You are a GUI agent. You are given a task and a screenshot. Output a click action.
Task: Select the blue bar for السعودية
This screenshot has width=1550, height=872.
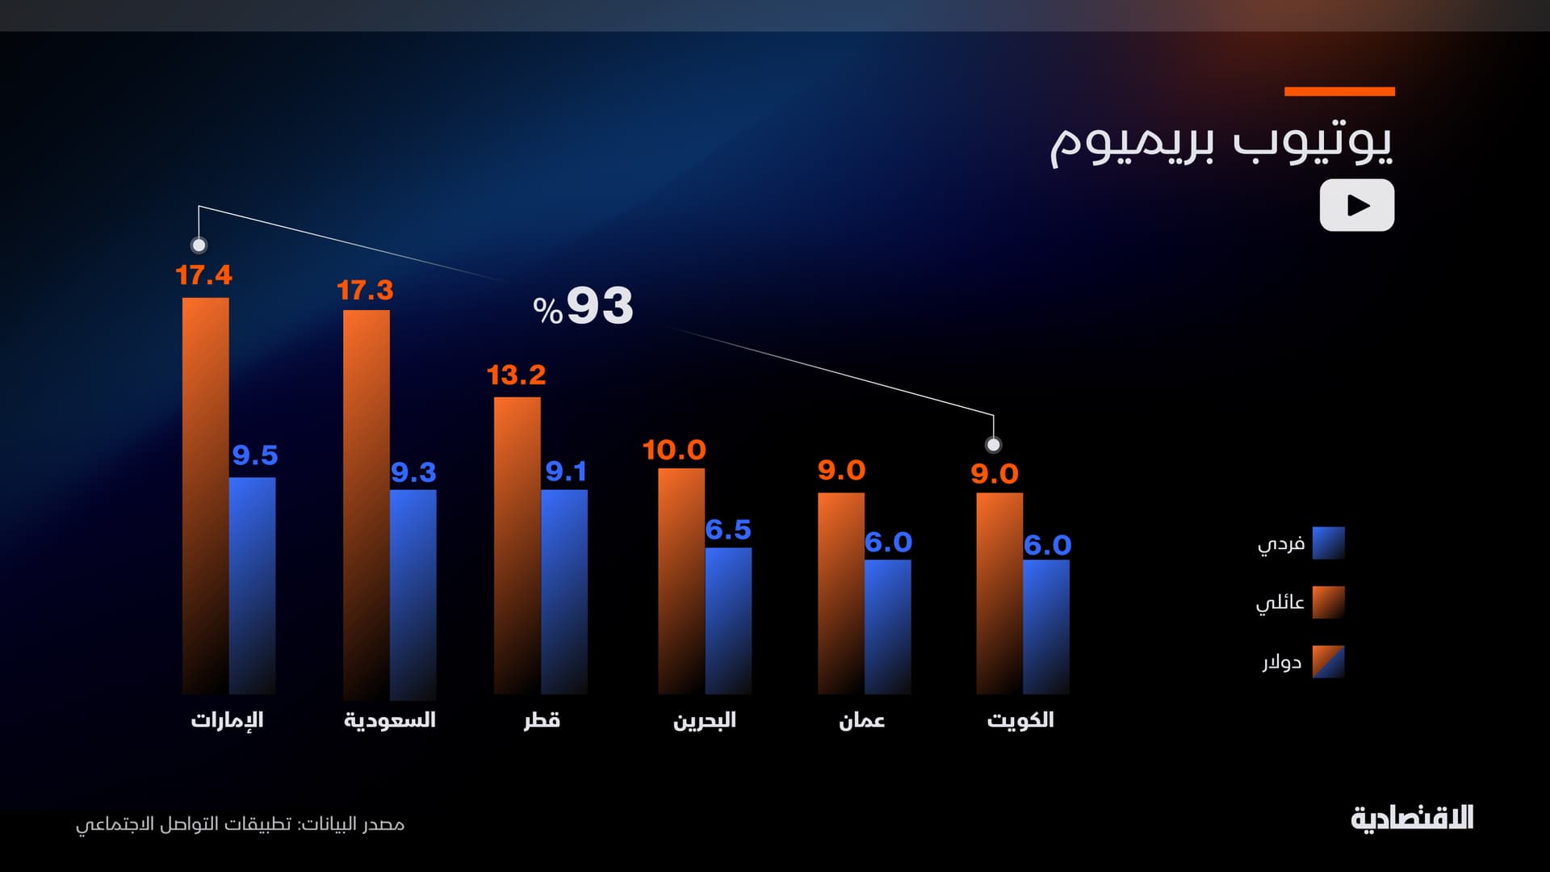413,594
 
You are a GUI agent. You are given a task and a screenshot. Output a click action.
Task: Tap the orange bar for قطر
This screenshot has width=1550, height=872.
517,545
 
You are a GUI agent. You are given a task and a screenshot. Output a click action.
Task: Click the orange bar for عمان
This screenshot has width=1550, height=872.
840,593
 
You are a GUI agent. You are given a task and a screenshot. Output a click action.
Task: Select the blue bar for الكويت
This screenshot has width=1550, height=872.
1046,627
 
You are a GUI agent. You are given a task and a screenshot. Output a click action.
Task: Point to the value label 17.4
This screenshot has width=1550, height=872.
203,275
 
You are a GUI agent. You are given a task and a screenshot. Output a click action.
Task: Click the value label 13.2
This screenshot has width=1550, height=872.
516,375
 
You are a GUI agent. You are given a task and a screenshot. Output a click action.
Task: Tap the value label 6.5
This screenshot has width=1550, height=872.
728,530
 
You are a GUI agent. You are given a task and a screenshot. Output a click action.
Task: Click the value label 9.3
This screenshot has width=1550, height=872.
413,472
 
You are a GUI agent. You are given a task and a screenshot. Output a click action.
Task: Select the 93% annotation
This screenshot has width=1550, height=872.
583,306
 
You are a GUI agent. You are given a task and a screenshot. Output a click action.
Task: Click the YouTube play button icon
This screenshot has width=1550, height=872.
1356,205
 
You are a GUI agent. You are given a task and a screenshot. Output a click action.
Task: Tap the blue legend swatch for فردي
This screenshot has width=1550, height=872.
1328,543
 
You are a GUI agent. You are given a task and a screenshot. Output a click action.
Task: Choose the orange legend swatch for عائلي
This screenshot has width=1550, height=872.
1328,602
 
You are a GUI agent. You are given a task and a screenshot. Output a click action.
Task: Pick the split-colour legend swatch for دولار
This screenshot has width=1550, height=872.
1328,661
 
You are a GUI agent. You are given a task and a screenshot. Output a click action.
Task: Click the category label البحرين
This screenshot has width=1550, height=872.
704,720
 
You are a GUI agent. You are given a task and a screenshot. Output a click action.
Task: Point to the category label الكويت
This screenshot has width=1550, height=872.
1020,720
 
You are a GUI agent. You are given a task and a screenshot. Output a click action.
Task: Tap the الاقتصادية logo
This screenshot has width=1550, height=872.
1412,819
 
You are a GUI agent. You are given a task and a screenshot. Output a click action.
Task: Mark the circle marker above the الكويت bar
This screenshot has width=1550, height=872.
994,445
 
